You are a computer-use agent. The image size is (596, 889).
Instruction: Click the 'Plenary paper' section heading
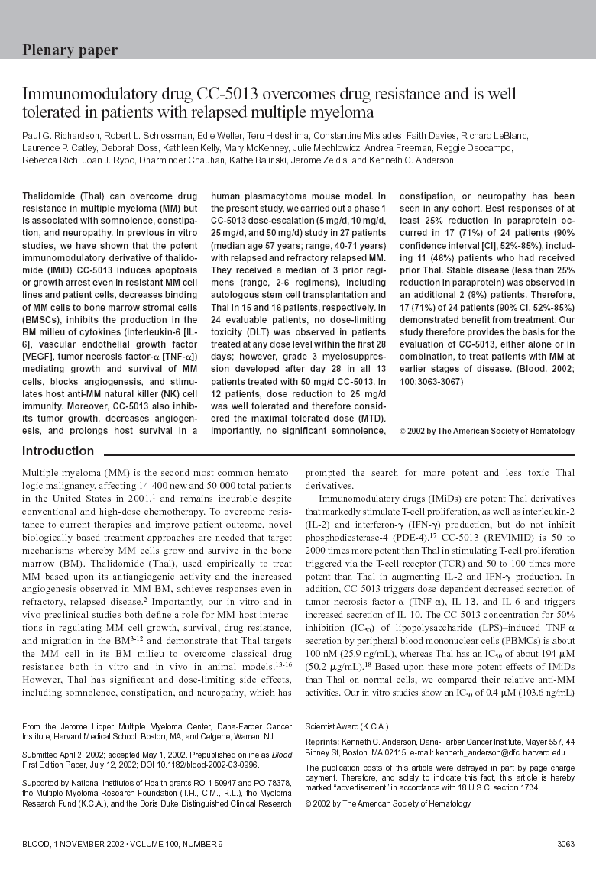click(x=70, y=50)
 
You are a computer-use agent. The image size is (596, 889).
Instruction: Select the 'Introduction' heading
click(x=58, y=451)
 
